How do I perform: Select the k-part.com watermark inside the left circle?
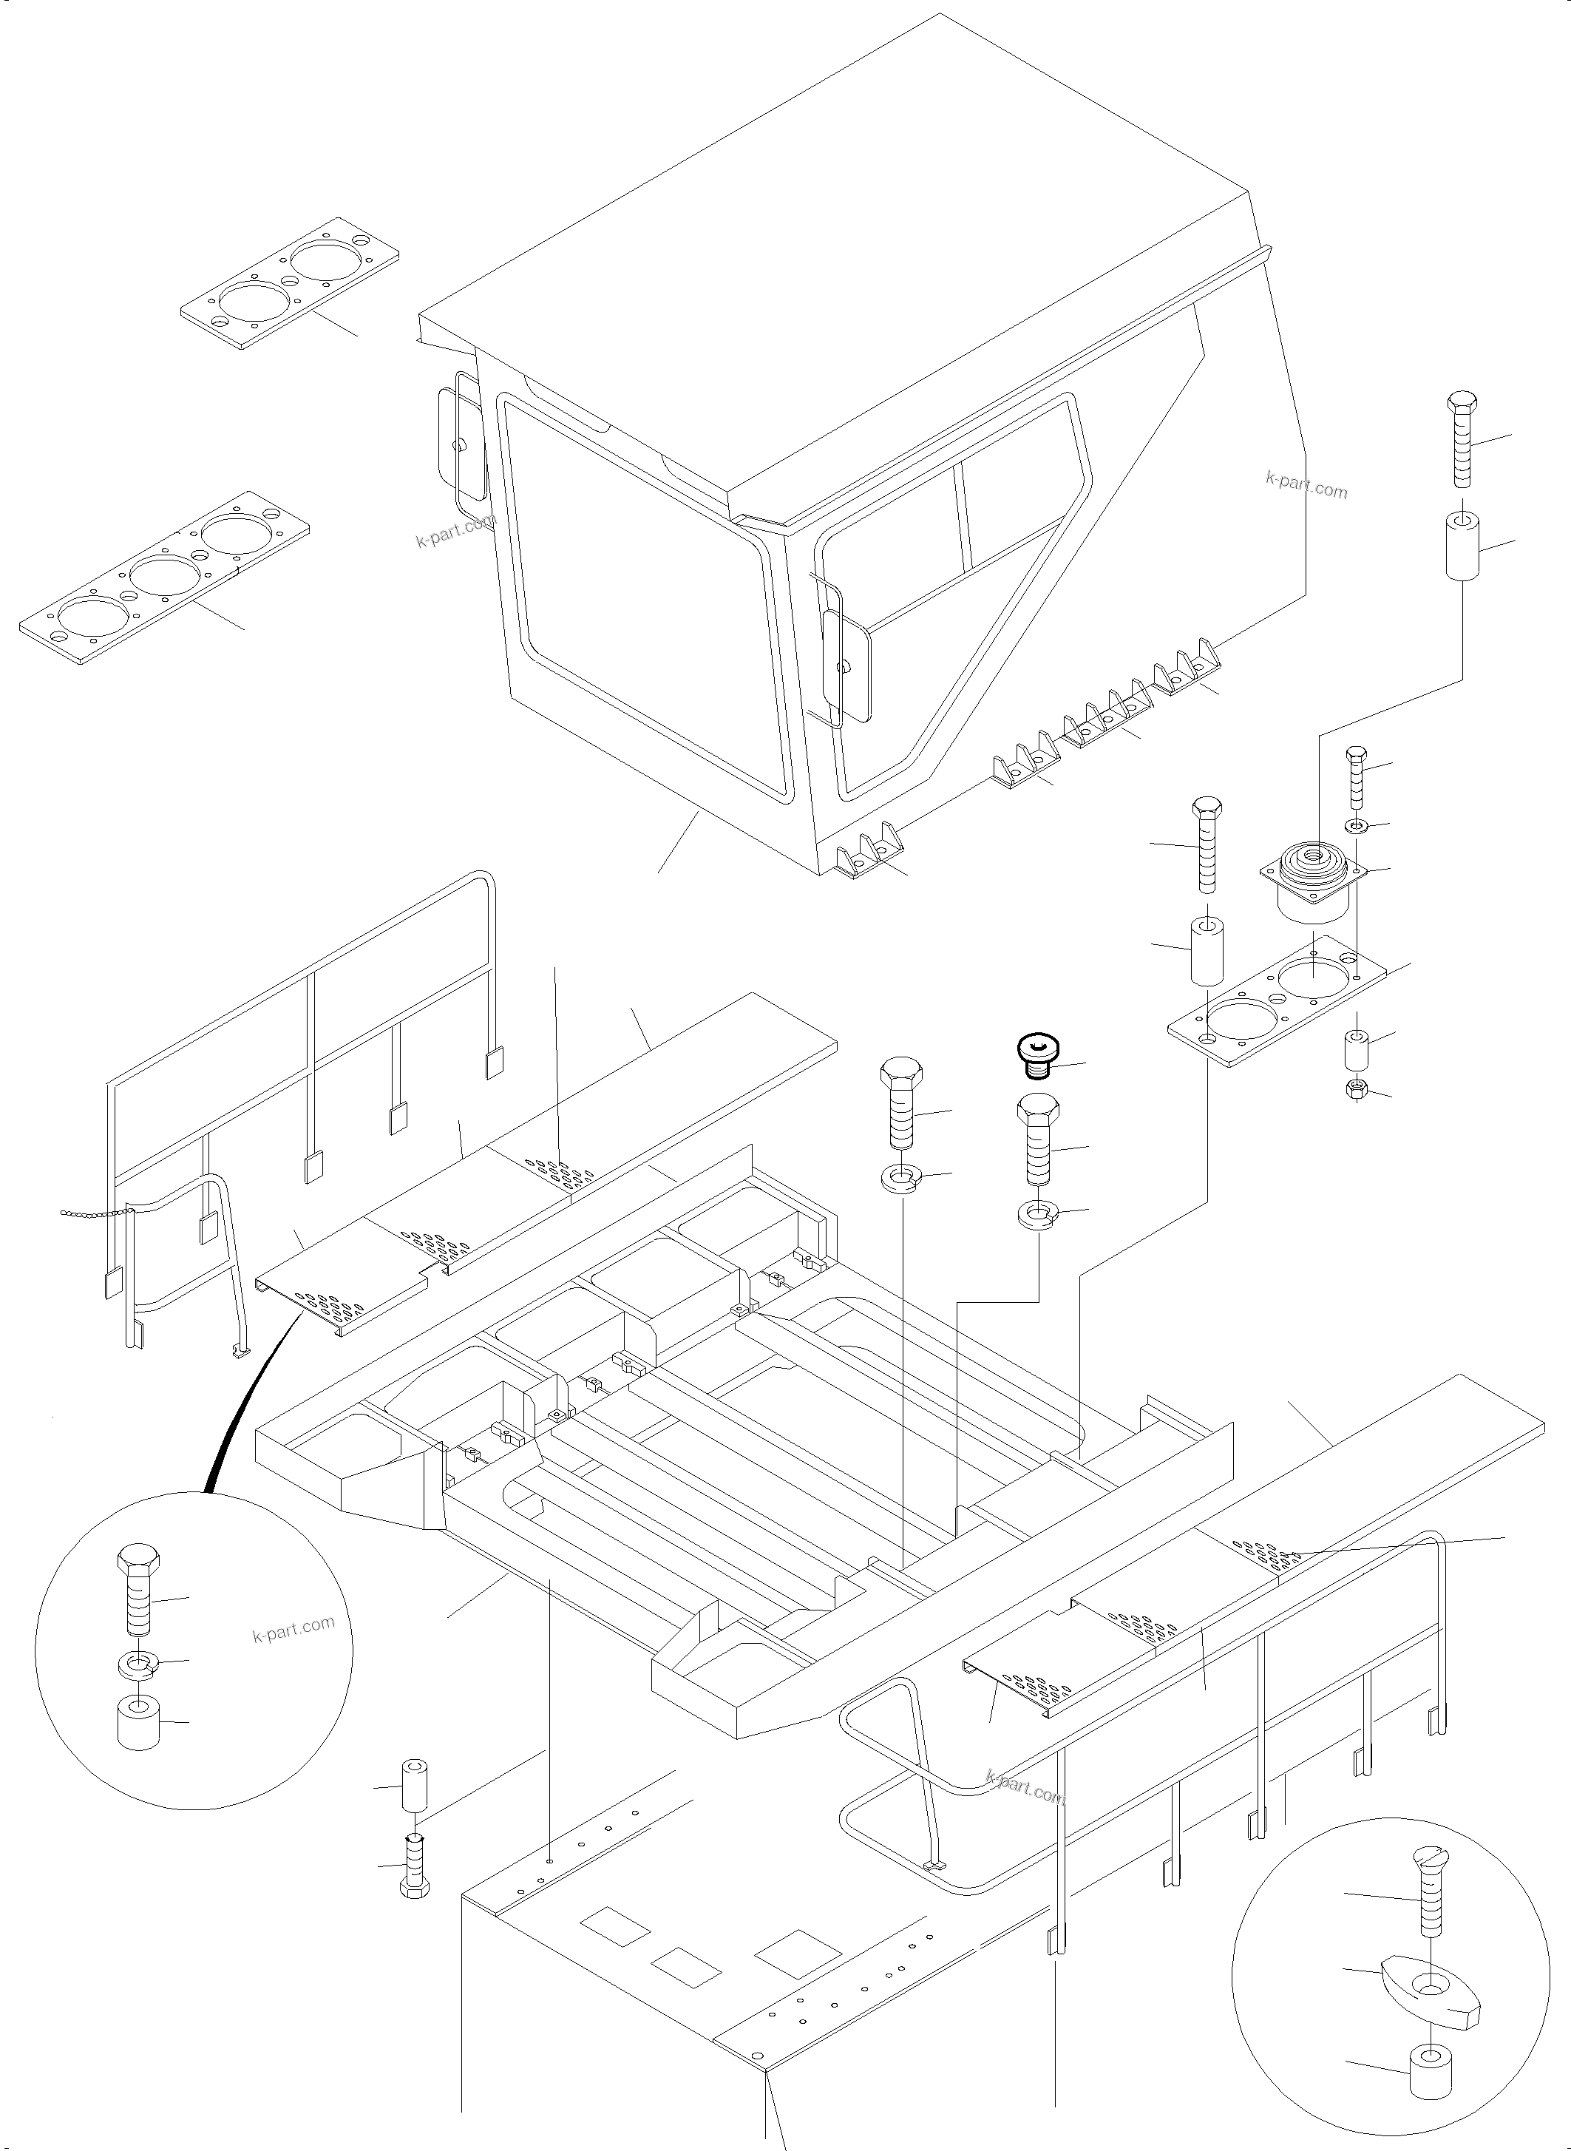pyautogui.click(x=293, y=1629)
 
